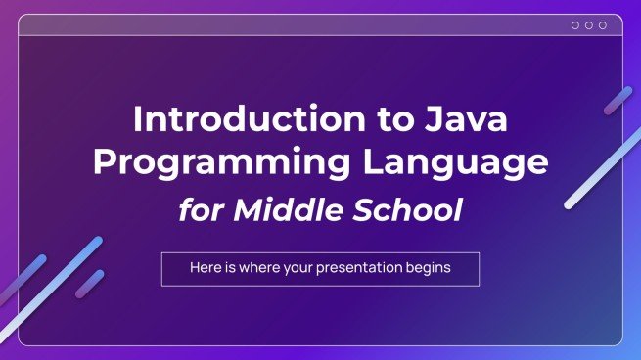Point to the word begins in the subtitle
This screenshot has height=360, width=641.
[x=431, y=269]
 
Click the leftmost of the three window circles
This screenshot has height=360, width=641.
[x=574, y=25]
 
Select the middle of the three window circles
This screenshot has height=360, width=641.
[x=588, y=25]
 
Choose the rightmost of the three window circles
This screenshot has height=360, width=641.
[x=602, y=25]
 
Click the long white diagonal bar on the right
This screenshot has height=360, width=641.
[x=602, y=168]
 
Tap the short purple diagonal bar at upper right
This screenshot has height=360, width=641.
[x=618, y=101]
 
